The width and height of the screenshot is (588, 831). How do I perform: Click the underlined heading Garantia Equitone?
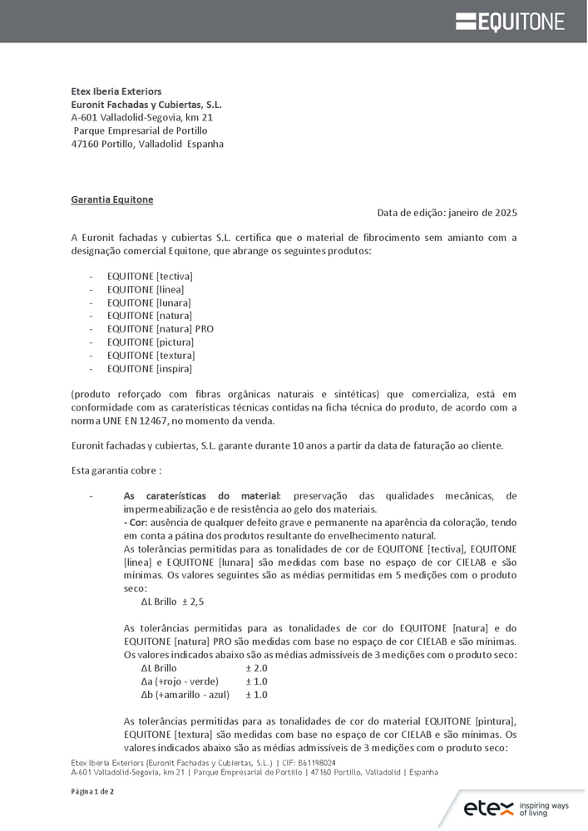tap(112, 199)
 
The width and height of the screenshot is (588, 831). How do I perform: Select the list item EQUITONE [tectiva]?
tap(150, 276)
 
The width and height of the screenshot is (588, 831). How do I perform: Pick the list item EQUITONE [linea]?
tap(146, 289)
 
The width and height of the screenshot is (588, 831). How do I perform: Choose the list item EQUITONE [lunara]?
tap(149, 302)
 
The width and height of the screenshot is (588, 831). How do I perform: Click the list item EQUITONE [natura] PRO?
tap(161, 329)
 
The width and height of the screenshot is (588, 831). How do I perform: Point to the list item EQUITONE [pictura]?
tap(151, 342)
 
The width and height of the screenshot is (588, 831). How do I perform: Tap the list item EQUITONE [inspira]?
tap(150, 369)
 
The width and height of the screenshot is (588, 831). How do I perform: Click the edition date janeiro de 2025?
tap(482, 213)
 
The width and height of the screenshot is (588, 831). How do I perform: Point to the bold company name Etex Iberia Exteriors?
tap(116, 91)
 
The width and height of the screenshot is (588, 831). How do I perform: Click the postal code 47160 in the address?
tap(85, 144)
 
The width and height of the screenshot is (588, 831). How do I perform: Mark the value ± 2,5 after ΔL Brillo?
tap(193, 602)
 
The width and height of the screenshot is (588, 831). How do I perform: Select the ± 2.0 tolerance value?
tap(256, 668)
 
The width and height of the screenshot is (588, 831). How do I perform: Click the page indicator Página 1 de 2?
tap(92, 791)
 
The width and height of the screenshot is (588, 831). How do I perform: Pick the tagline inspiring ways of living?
tap(544, 809)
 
